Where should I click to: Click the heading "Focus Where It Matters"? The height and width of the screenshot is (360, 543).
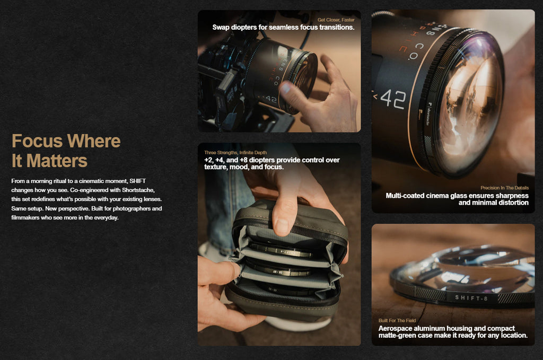pyautogui.click(x=66, y=151)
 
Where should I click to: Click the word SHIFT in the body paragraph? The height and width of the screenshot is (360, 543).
pyautogui.click(x=137, y=181)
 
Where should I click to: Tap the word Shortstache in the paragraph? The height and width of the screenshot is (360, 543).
pyautogui.click(x=138, y=190)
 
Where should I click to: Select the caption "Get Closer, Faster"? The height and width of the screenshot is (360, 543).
pyautogui.click(x=336, y=20)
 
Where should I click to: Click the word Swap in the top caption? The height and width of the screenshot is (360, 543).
pyautogui.click(x=221, y=28)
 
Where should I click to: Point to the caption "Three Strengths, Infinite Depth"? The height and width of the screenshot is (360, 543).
pyautogui.click(x=235, y=152)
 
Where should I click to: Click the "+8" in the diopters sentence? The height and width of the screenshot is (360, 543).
pyautogui.click(x=243, y=160)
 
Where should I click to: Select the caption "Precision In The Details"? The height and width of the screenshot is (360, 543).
pyautogui.click(x=505, y=188)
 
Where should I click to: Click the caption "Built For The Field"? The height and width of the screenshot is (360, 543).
pyautogui.click(x=397, y=321)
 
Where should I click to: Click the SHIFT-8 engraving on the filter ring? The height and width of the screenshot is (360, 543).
pyautogui.click(x=471, y=297)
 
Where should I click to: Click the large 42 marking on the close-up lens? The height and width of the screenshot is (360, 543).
pyautogui.click(x=393, y=99)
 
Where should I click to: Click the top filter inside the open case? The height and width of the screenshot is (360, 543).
pyautogui.click(x=281, y=250)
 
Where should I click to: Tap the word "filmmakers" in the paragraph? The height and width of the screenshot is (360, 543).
pyautogui.click(x=25, y=218)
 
